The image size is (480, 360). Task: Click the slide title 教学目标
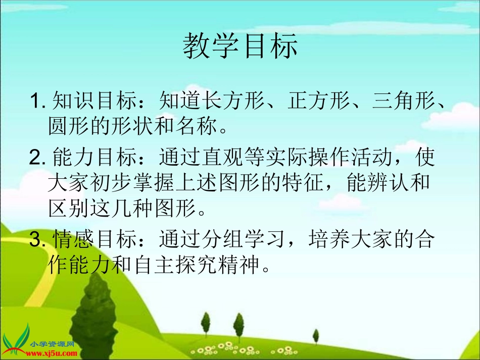240,47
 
